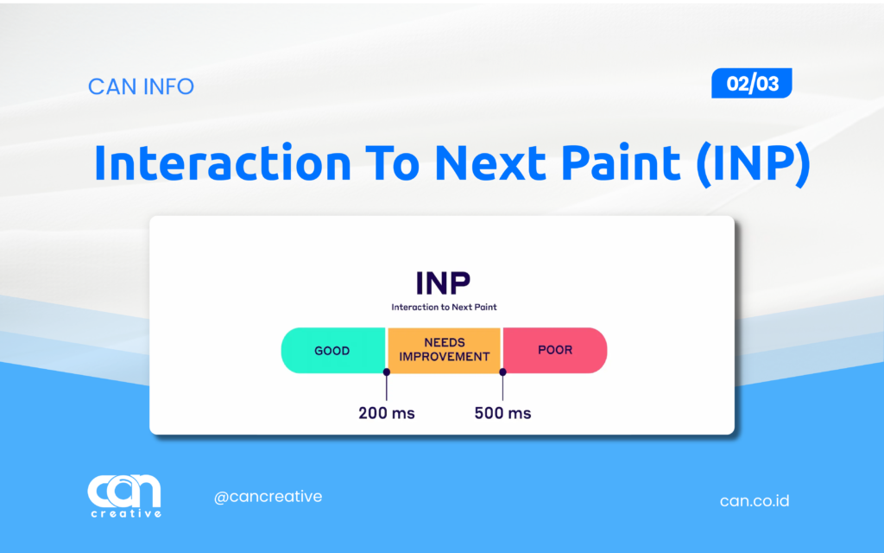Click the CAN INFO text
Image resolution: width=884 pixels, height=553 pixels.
(x=141, y=86)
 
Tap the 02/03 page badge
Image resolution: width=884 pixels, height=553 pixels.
(x=752, y=84)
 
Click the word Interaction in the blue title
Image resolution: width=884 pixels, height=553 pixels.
(x=223, y=163)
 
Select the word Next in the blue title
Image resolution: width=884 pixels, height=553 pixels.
(x=490, y=163)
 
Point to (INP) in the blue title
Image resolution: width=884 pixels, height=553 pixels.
(x=753, y=164)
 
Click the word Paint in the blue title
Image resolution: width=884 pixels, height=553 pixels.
(x=621, y=163)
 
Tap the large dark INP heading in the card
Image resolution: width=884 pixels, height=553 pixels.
(x=443, y=283)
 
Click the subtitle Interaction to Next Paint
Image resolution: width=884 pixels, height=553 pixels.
(x=445, y=307)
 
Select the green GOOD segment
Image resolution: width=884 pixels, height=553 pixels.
(x=333, y=351)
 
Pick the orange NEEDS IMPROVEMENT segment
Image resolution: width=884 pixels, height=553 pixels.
(x=445, y=351)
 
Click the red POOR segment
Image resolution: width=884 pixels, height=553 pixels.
(x=555, y=351)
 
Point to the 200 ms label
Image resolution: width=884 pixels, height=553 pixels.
(x=387, y=413)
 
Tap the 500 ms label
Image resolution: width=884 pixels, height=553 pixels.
(x=503, y=413)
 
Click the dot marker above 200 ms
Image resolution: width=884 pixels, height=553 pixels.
(x=387, y=372)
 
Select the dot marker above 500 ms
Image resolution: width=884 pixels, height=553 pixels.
(x=503, y=372)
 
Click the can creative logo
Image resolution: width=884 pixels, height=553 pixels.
(x=124, y=496)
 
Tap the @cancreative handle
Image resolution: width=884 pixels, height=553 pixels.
(x=268, y=497)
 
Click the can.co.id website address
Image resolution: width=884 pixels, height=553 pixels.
(x=755, y=500)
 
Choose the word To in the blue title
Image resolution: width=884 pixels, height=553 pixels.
(x=393, y=163)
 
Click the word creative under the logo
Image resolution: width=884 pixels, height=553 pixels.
(x=126, y=513)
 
